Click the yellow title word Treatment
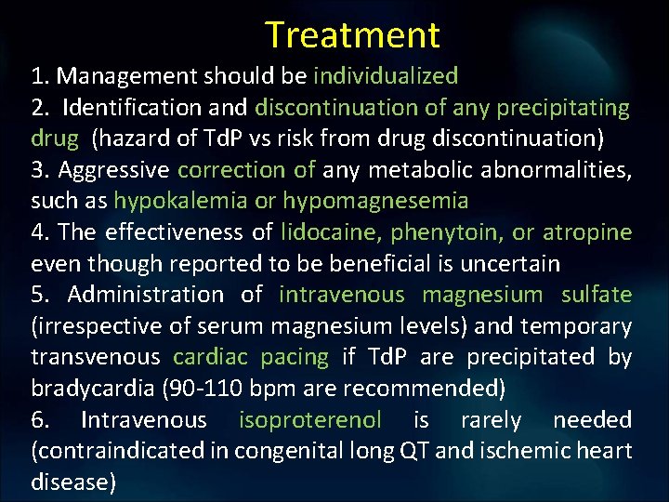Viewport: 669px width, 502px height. [x=352, y=35]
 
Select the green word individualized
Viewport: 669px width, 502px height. [x=386, y=75]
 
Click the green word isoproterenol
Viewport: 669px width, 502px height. [x=310, y=419]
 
